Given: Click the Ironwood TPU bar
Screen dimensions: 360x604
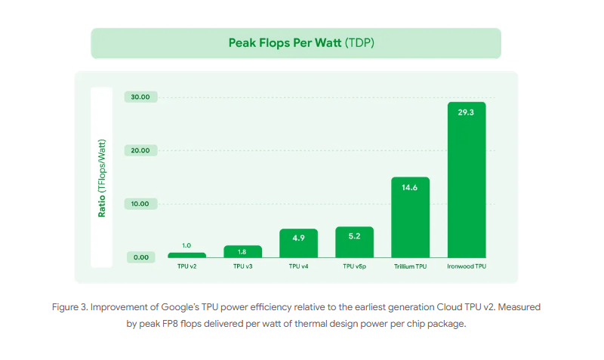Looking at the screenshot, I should coord(466,181).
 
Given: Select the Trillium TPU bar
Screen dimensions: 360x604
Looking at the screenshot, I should coord(410,219).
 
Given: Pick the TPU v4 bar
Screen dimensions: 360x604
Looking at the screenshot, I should coord(298,244).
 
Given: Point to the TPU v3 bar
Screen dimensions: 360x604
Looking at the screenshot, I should coord(242,252).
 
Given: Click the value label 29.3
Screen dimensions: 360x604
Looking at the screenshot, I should coord(466,112).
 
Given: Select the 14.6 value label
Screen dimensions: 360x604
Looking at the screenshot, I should coord(410,188).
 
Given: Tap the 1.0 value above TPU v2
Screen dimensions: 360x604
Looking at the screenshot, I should coord(186,245).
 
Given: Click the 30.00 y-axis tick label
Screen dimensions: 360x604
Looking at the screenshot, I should coord(140,97).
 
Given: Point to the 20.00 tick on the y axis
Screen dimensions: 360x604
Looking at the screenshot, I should coord(140,150).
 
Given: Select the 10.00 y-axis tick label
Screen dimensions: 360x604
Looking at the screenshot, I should coord(140,204).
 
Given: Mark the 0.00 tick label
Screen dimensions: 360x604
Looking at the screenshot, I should coord(142,257).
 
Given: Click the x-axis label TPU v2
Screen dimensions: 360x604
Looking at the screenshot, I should coord(186,266).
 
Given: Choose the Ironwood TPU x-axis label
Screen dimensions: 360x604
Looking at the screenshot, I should coord(466,266).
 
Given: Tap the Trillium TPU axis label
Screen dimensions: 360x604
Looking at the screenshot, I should coord(410,266).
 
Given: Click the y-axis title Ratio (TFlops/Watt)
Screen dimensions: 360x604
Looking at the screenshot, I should coord(101,178).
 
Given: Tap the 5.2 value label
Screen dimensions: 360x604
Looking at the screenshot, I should coord(354,235).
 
